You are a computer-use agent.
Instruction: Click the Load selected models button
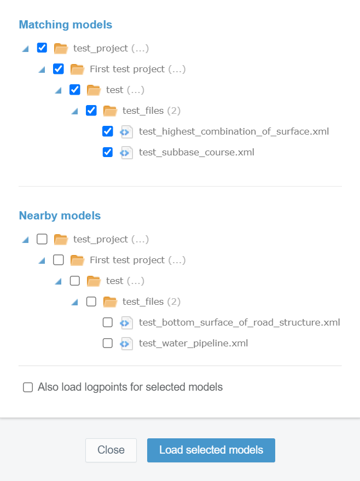[x=211, y=450]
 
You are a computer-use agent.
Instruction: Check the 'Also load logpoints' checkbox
[x=28, y=387]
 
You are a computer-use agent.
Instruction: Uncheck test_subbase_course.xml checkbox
[x=108, y=152]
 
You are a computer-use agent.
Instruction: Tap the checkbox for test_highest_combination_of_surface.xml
[x=108, y=131]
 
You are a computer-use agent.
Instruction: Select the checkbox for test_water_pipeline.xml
[x=108, y=343]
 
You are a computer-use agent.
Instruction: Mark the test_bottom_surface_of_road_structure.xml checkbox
[x=108, y=322]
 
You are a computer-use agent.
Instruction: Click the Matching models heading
[x=66, y=25]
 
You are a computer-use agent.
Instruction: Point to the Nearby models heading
[x=60, y=216]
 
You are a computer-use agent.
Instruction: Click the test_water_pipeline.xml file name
[x=194, y=343]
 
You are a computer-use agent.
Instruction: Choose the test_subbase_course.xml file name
[x=196, y=152]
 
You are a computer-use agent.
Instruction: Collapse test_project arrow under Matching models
[x=26, y=49]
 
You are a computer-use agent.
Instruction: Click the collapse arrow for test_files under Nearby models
[x=74, y=303]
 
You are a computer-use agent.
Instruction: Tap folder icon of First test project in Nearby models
[x=77, y=260]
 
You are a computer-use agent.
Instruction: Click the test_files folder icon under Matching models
[x=110, y=111]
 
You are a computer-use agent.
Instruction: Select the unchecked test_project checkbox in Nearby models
[x=42, y=239]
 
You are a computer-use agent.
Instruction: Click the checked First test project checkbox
[x=58, y=69]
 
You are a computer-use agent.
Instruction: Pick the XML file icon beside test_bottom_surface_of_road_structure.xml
[x=126, y=323]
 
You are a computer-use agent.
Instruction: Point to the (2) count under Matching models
[x=174, y=111]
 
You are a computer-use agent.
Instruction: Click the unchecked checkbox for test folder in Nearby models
[x=75, y=281]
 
